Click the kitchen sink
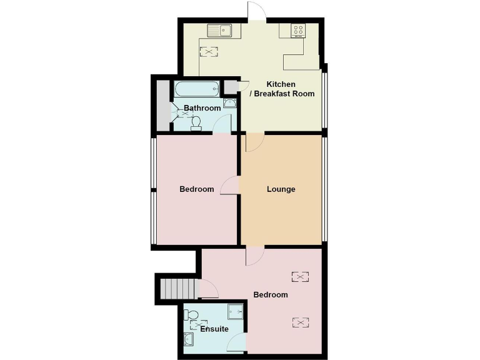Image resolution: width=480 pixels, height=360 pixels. click(x=220, y=30)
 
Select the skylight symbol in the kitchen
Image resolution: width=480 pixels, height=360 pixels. click(x=207, y=52)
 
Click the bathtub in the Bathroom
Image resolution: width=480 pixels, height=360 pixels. click(x=196, y=88)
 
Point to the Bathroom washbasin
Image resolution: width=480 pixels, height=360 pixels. click(x=229, y=104)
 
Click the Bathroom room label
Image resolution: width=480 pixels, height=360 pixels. click(x=202, y=108)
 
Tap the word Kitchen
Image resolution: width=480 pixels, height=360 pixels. click(x=281, y=84)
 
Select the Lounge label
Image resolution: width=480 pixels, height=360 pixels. click(x=281, y=189)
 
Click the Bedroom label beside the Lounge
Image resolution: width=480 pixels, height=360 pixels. click(x=196, y=189)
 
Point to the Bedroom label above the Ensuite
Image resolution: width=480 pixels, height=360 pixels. click(x=270, y=294)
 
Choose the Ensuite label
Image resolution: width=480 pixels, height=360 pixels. click(x=214, y=329)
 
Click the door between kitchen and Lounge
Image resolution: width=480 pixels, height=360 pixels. click(x=252, y=142)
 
